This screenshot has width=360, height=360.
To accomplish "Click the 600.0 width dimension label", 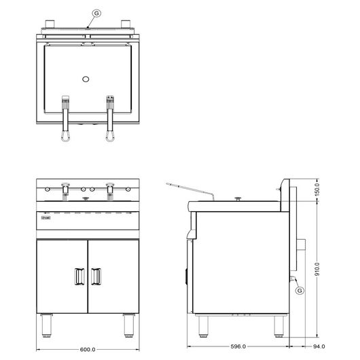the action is point(88,349).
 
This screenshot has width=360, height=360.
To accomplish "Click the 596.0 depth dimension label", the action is point(238,346).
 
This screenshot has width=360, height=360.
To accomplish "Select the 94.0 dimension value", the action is point(319,346).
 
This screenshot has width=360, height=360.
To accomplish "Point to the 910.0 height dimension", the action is point(317,269).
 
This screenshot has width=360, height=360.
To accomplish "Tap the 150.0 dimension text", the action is point(317,190).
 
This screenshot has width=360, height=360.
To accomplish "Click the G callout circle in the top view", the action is point(96,14).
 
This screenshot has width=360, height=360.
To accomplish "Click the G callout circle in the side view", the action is point(300,291).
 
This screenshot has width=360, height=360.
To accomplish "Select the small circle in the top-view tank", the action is point(86,79).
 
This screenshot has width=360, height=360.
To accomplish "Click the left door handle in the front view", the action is point(79,276).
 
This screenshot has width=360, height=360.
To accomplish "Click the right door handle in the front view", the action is point(96,276).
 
